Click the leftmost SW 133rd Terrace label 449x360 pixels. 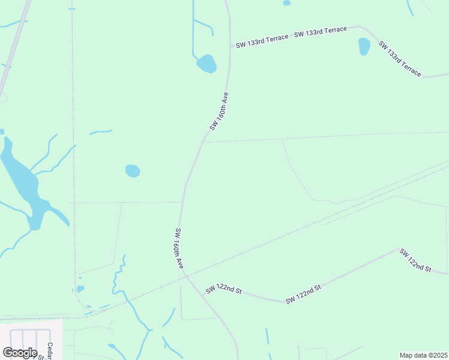pyautogui.click(x=262, y=41)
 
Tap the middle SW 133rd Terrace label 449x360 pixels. pyautogui.click(x=321, y=32)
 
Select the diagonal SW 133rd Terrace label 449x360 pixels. pyautogui.click(x=400, y=59)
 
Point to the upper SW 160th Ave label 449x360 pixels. pyautogui.click(x=219, y=111)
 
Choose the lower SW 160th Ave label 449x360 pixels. pyautogui.click(x=179, y=248)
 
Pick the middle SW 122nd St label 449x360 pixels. pyautogui.click(x=304, y=294)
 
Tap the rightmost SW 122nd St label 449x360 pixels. pyautogui.click(x=415, y=260)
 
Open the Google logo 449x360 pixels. pyautogui.click(x=20, y=352)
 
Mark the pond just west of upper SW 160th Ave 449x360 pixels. pyautogui.click(x=207, y=63)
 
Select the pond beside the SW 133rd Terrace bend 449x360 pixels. pyautogui.click(x=364, y=46)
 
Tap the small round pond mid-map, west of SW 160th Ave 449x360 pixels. pyautogui.click(x=133, y=171)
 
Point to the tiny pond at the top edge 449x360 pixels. pyautogui.click(x=286, y=3)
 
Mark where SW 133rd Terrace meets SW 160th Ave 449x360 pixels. pyautogui.click(x=231, y=46)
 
